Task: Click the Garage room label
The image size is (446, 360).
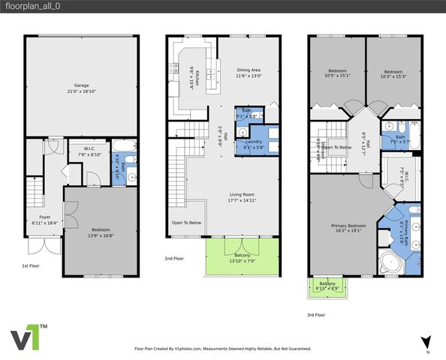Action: click(x=81, y=88)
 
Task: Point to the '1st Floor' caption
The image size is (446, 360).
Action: click(x=32, y=265)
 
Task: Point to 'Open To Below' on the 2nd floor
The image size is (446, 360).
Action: click(x=185, y=223)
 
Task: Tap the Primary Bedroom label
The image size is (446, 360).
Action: click(x=348, y=227)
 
